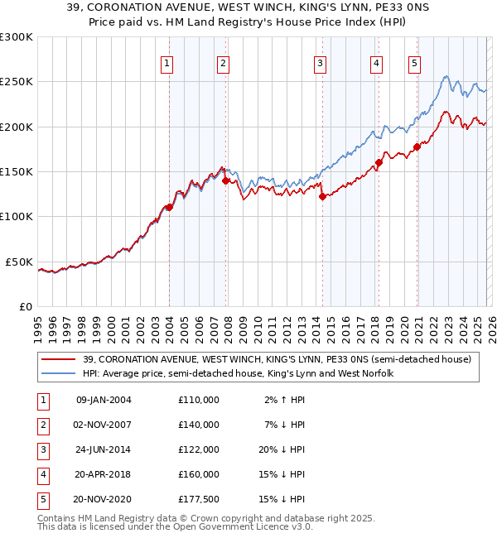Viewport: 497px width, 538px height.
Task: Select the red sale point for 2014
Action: click(x=322, y=196)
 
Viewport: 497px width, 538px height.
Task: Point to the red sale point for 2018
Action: click(x=379, y=162)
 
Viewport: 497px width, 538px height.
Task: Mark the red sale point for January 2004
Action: click(x=169, y=207)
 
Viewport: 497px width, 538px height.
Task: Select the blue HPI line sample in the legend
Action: click(x=60, y=374)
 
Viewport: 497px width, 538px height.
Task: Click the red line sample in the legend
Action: click(x=60, y=359)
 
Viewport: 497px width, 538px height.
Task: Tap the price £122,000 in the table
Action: click(x=199, y=449)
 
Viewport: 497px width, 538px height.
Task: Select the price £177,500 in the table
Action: click(x=199, y=499)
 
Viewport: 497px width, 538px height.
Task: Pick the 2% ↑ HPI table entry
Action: click(x=284, y=400)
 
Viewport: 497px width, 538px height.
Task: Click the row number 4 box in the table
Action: click(x=41, y=474)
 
